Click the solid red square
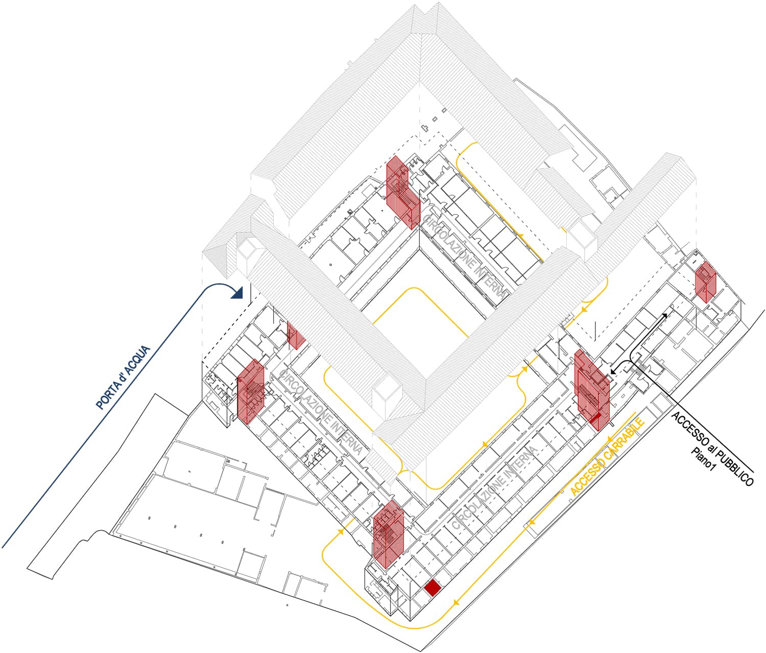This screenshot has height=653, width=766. (x=433, y=588)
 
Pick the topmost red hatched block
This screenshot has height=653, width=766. (x=402, y=191)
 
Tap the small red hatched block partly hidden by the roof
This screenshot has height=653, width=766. (x=295, y=334)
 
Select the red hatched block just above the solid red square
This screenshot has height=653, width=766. (x=388, y=535)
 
